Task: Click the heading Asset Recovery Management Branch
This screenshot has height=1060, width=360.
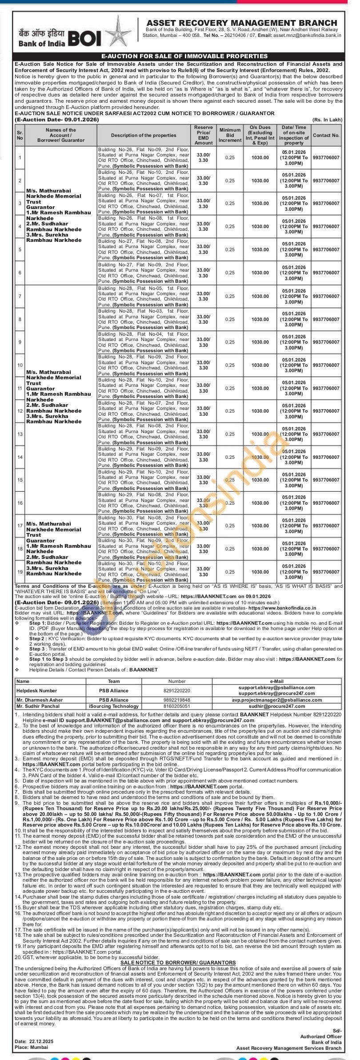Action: coord(242,23)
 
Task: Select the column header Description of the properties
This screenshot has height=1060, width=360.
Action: coord(144,135)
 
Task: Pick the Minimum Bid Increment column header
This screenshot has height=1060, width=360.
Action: coord(230,135)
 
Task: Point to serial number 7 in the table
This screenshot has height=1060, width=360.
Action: coord(20,296)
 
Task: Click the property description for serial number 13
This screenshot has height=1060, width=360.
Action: coord(144,434)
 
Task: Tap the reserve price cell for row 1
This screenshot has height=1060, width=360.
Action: coord(203,157)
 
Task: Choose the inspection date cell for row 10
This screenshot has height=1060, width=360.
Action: coord(294,365)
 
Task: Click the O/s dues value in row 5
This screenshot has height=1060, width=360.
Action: coord(260,250)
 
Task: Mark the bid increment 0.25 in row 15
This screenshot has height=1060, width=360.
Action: coord(230,480)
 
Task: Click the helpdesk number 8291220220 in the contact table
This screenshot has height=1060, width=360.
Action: coord(177,691)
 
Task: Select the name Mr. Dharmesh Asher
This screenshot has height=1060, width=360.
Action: coord(40,700)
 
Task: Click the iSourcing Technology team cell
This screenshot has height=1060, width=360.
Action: coord(114,706)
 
